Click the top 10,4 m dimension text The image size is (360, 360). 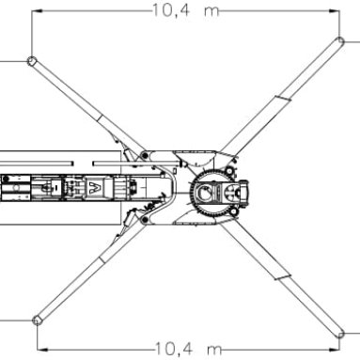(x=186, y=10)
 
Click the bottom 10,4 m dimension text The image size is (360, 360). (x=189, y=349)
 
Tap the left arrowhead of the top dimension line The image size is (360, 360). (x=37, y=11)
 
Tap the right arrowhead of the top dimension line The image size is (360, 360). (x=334, y=11)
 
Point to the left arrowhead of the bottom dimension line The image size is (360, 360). (x=42, y=350)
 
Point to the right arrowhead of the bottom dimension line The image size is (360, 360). (x=334, y=350)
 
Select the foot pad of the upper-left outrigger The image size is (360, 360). (x=31, y=60)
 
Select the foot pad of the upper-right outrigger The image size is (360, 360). (x=340, y=41)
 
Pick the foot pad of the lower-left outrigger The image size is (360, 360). (x=37, y=321)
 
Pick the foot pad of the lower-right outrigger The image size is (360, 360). (x=340, y=335)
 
